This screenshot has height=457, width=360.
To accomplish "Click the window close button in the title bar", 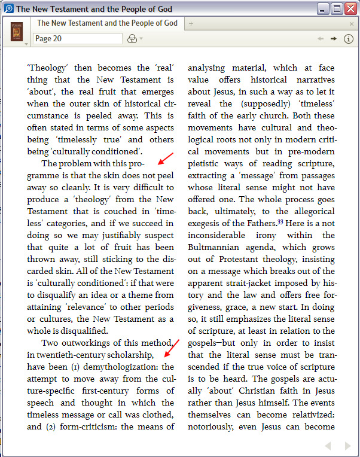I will [x=351, y=8].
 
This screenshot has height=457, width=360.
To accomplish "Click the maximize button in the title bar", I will [x=337, y=8].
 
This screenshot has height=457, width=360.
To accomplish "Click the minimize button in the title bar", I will [x=324, y=8].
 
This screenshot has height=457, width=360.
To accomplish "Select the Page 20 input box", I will [x=77, y=38].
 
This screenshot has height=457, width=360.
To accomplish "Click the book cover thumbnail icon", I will [x=17, y=31].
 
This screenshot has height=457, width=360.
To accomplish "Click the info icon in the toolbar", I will [x=349, y=38].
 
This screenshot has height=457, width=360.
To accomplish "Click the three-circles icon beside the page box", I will [x=132, y=39].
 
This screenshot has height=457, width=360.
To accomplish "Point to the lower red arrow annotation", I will [x=171, y=347].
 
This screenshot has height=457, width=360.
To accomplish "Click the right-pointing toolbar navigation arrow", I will [x=333, y=38].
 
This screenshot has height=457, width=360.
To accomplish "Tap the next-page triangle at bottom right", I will [x=347, y=446].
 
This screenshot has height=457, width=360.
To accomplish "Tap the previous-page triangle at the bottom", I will [x=328, y=446].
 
